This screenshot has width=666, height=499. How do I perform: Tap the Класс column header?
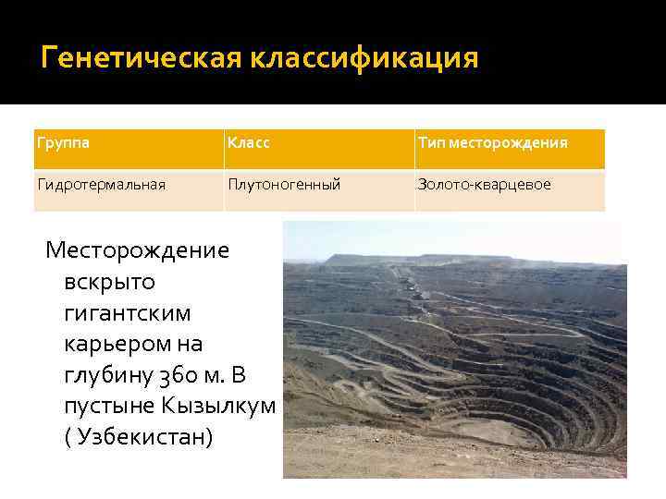(x=250, y=144)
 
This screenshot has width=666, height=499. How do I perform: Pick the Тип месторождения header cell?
(x=492, y=144)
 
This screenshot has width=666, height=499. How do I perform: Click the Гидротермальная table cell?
(x=101, y=185)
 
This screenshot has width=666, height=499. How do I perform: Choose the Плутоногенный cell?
(x=285, y=185)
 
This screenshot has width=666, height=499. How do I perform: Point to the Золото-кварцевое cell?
(x=484, y=185)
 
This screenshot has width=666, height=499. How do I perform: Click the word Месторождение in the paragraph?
(x=138, y=250)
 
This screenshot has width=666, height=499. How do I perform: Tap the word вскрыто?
(x=110, y=281)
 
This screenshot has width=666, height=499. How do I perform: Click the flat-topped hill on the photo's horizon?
(x=370, y=258)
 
